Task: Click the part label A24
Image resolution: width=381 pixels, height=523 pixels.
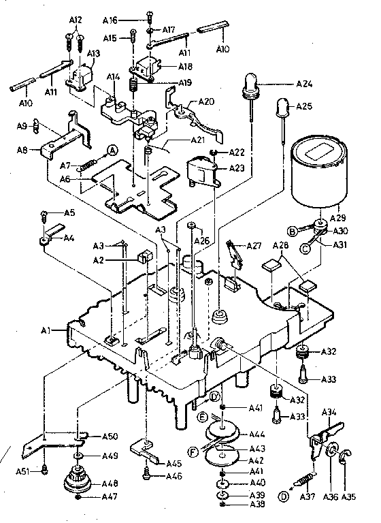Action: click(x=305, y=84)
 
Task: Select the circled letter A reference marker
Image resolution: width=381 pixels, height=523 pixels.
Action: click(x=112, y=151)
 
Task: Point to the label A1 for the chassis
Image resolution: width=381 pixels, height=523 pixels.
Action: click(x=46, y=330)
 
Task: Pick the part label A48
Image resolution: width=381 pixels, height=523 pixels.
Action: click(x=110, y=483)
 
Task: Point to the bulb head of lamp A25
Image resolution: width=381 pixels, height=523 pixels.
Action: click(x=281, y=107)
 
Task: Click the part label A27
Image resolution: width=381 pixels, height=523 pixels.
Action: click(x=254, y=245)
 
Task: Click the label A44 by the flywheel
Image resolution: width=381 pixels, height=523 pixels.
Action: click(x=257, y=434)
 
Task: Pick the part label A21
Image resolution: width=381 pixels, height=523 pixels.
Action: click(x=197, y=140)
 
